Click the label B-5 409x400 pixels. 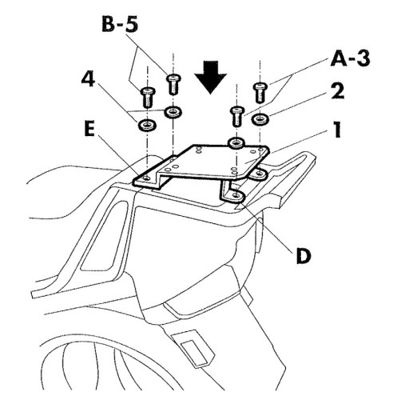tap(120, 25)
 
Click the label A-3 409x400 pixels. tap(350, 58)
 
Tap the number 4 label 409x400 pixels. tap(88, 79)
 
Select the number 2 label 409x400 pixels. tap(338, 91)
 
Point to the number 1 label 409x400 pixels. tap(337, 130)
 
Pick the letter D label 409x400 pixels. tap(304, 256)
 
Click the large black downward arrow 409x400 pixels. tap(211, 77)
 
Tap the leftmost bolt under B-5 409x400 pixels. tap(147, 98)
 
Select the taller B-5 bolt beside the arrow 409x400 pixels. tap(173, 84)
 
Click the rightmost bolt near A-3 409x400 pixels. tap(260, 93)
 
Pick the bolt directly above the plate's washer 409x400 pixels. tap(237, 116)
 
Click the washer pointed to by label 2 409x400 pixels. tap(260, 119)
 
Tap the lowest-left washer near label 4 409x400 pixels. tap(147, 125)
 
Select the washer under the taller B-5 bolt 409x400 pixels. tap(173, 112)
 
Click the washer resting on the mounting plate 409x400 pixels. tap(236, 143)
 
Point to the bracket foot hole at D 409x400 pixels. tap(236, 195)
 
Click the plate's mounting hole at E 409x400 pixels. tap(145, 178)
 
